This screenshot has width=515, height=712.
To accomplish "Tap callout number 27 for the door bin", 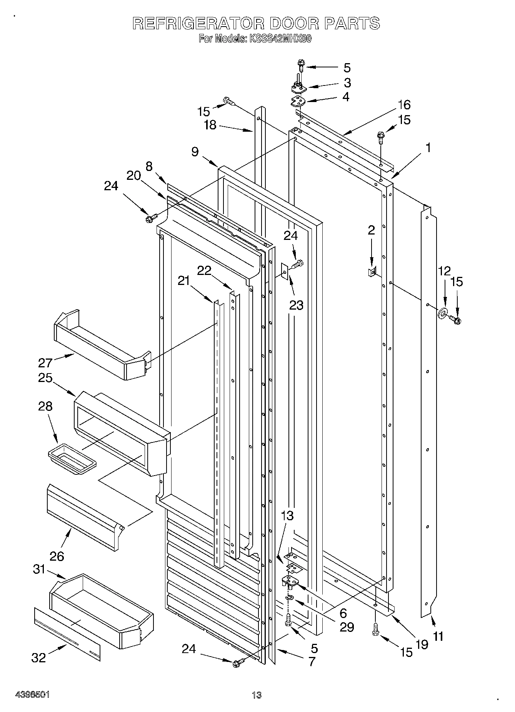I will pos(45,362).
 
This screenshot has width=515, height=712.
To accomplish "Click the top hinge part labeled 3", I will pos(298,89).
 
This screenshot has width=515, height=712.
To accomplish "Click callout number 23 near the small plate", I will pos(297,305).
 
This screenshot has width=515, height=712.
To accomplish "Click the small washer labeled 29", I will pos(289,597).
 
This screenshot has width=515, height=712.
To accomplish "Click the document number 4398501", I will pos(32,694).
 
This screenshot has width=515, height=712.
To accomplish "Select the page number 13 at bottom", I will pos(256,695).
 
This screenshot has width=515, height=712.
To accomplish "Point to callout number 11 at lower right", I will pos(438,636).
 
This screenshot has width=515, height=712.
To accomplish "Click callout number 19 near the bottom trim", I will pos(422,644).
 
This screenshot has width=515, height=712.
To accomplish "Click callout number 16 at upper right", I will pos(404,105).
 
